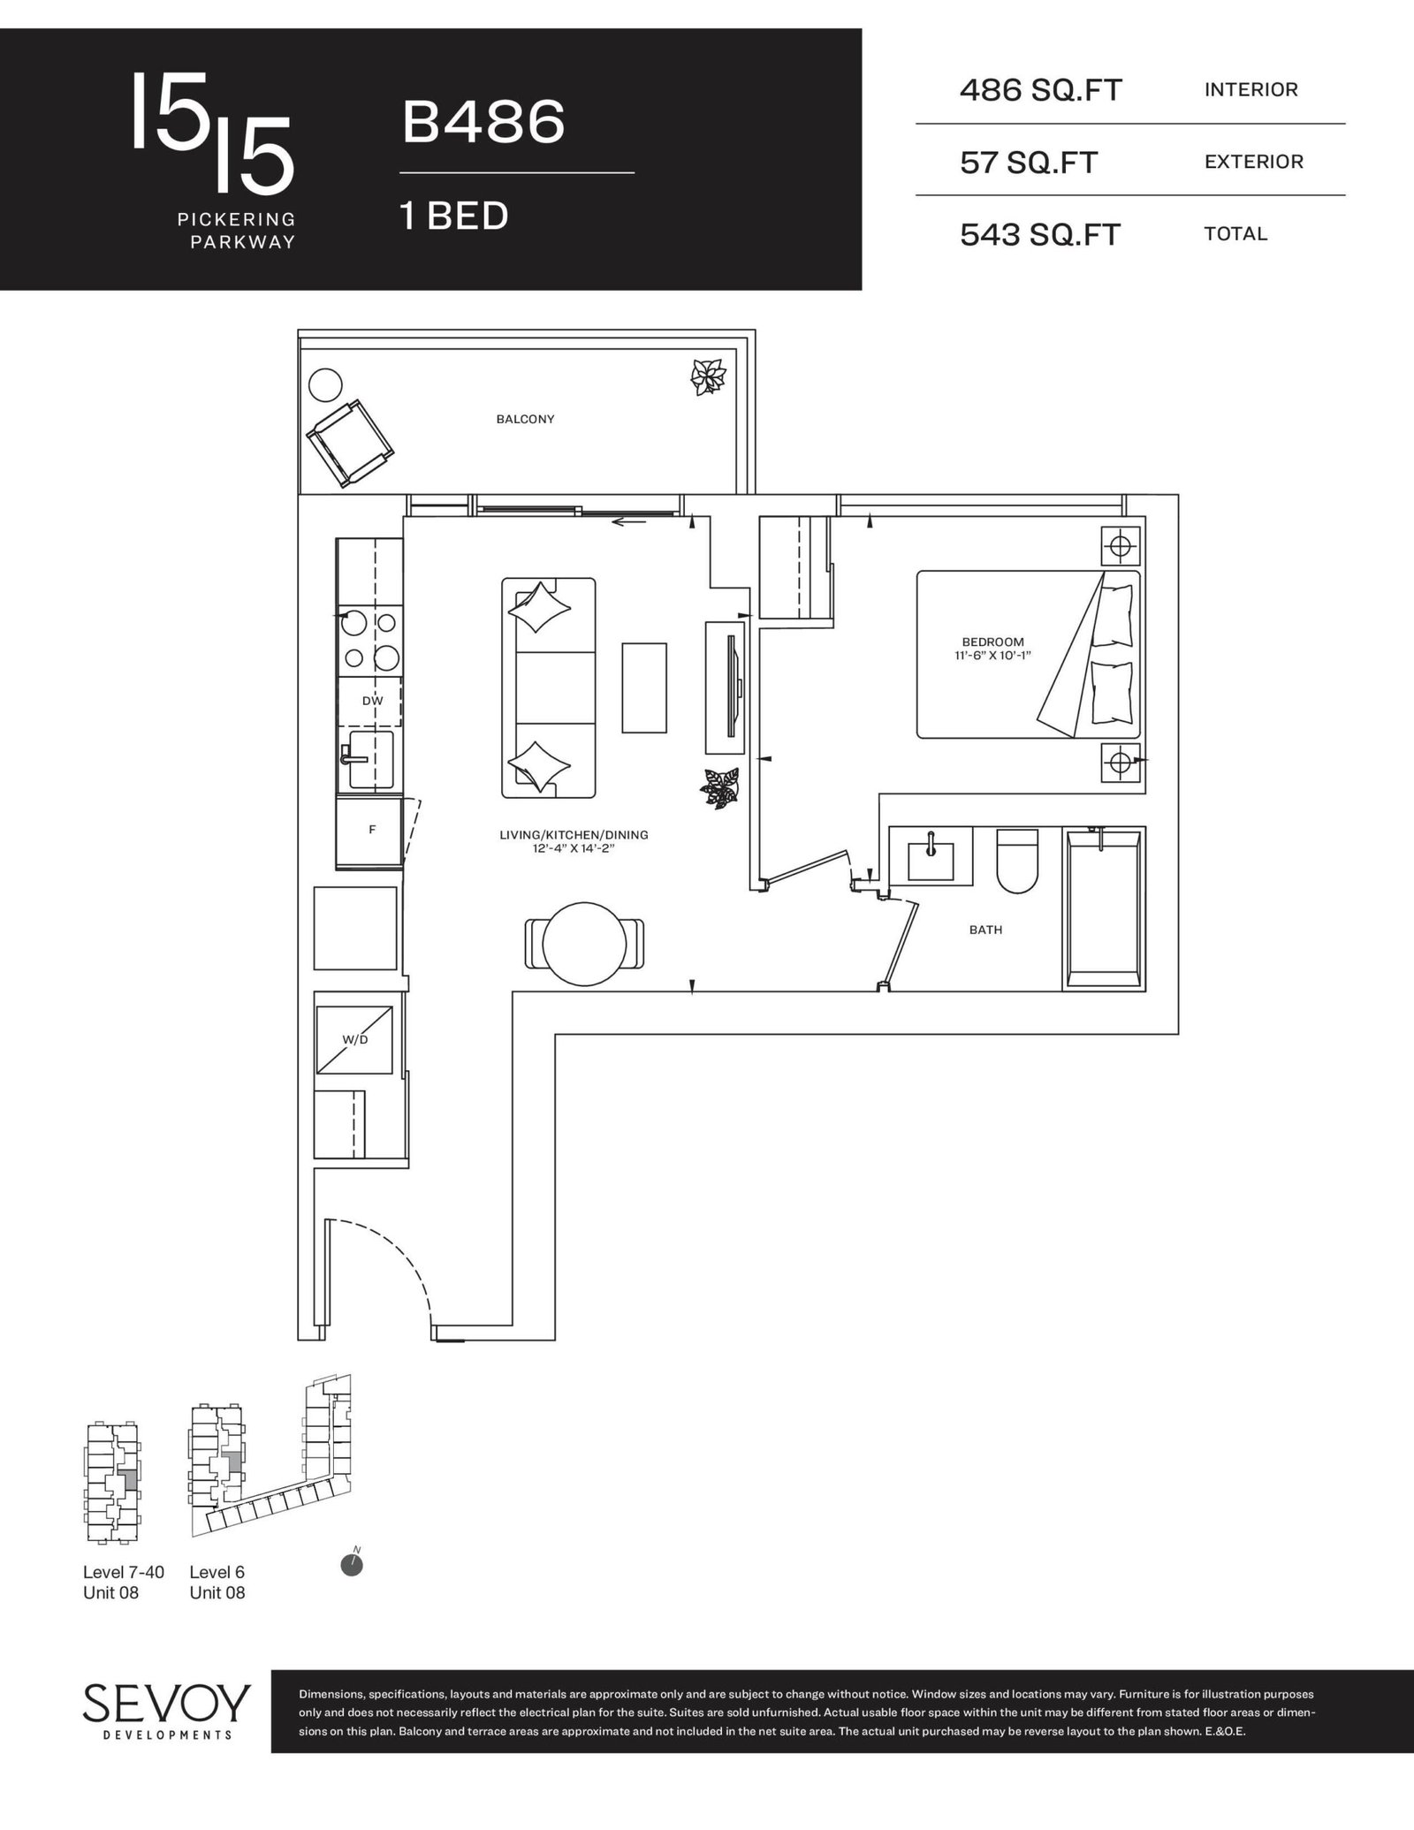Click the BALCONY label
point(525,419)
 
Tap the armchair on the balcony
point(350,442)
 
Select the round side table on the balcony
point(324,385)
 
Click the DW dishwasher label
point(372,701)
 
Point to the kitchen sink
point(370,758)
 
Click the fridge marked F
point(369,831)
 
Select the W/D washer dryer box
point(355,1040)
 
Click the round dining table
point(584,944)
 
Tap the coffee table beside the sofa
point(644,687)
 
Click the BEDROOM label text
point(992,642)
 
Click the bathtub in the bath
point(1105,908)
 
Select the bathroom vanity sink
point(931,854)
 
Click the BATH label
point(985,930)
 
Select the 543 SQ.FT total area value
point(1040,235)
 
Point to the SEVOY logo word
point(167,1703)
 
